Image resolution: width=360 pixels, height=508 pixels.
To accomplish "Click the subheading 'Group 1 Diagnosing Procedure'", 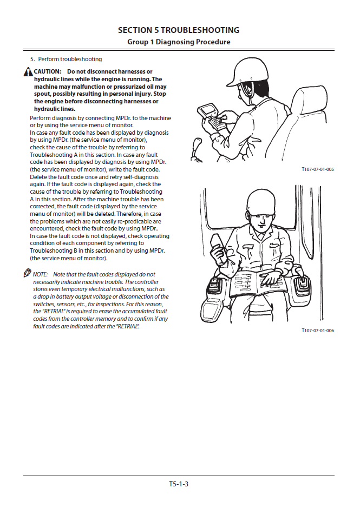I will pos(179,42).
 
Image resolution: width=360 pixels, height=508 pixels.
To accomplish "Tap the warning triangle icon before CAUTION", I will pos(28,72).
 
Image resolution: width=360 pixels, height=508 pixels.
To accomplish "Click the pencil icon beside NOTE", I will pos(28,274).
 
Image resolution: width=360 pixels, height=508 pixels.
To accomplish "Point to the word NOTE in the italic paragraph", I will pos(41,275).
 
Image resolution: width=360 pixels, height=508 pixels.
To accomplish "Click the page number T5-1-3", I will pos(179,484).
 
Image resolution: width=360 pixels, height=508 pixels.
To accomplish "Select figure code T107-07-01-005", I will pos(318,169).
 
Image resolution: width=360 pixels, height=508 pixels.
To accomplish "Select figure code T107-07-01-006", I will pos(318,330).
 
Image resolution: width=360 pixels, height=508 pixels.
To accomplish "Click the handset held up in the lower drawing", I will pos(218,241).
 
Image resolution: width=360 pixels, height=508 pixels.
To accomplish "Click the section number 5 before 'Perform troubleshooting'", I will pos(32,59).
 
